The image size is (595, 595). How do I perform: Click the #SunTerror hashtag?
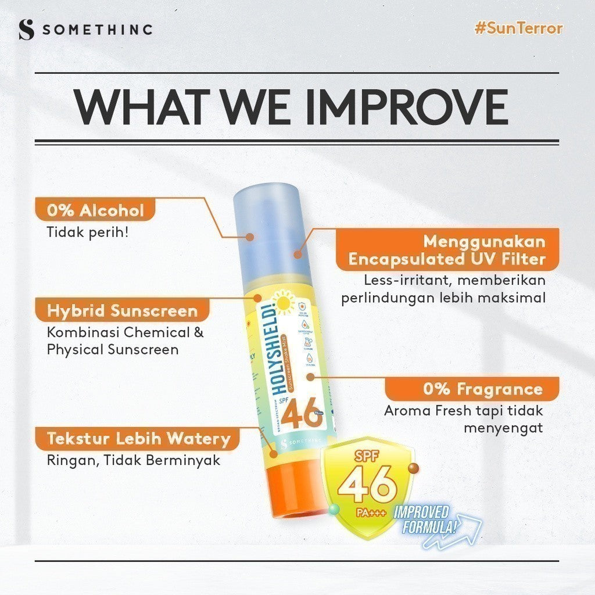coord(518,28)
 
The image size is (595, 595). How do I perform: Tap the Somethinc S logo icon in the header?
coord(26,30)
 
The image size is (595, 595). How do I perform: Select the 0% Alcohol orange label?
coord(96,210)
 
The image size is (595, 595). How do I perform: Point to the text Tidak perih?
coord(87,231)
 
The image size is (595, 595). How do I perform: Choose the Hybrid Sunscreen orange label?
coord(122,311)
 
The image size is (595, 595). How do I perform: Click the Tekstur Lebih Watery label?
coord(138,438)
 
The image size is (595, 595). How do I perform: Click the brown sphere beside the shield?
coord(414,469)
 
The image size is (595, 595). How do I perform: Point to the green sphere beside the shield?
coord(334,509)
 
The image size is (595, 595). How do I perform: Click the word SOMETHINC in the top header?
coord(97,30)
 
